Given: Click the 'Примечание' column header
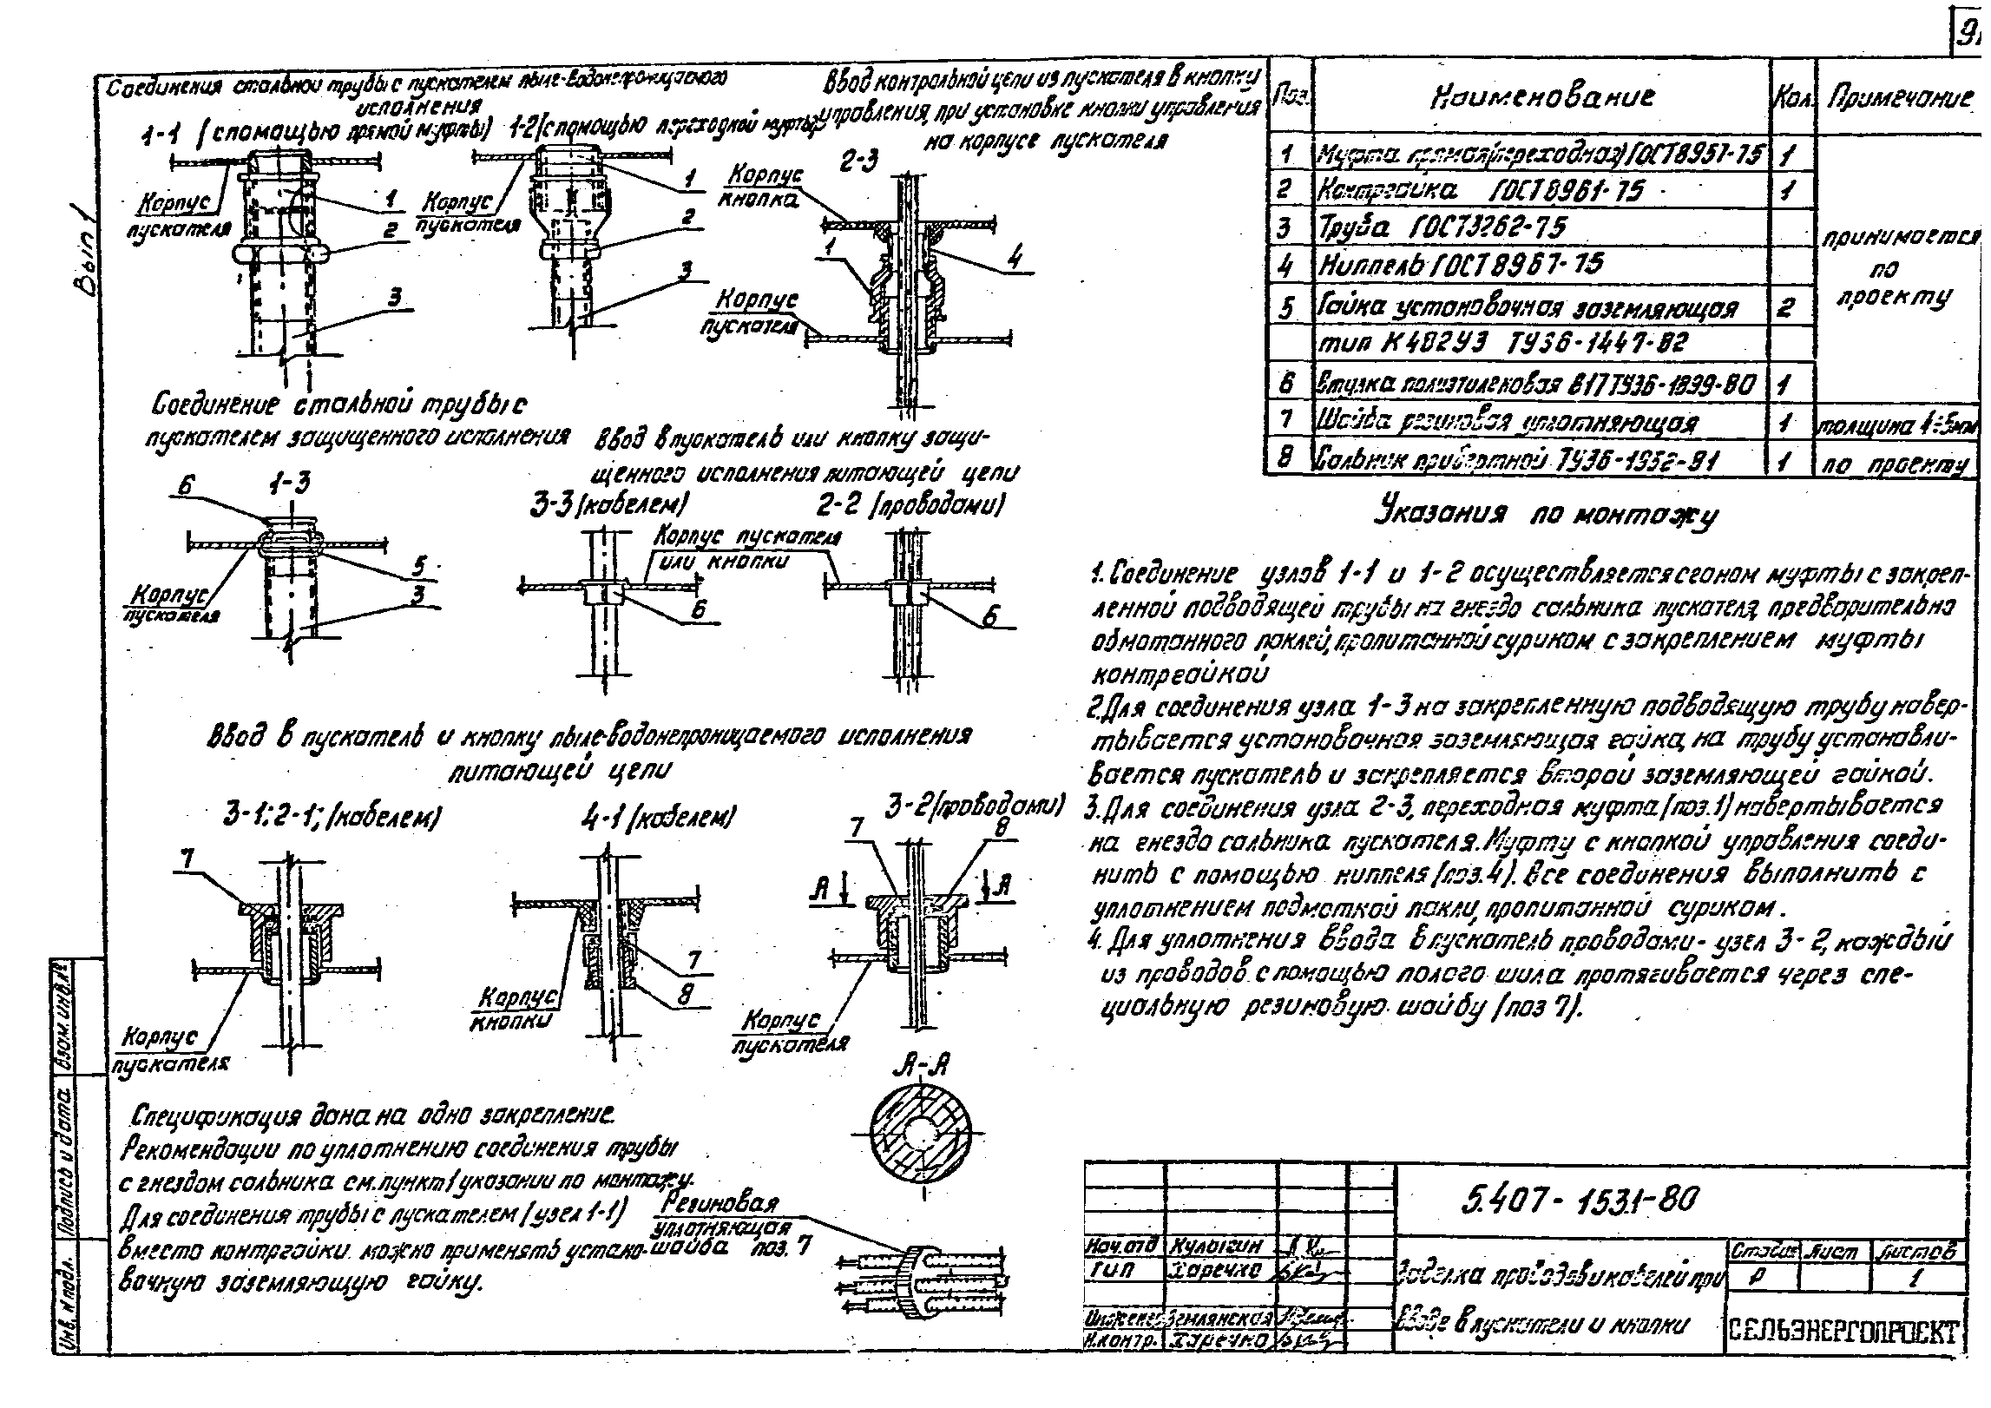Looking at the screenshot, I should [1900, 98].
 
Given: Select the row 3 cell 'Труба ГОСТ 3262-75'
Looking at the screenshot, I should [1442, 227].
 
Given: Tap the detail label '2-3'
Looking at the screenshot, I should [859, 161].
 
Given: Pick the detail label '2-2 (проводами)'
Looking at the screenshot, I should [910, 505].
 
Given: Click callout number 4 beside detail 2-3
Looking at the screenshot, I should [1015, 258].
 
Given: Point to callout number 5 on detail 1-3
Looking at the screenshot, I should [419, 564].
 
